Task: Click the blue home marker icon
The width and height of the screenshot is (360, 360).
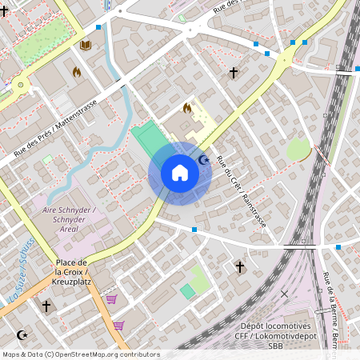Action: click(180, 173)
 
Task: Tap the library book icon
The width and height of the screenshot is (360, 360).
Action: click(85, 46)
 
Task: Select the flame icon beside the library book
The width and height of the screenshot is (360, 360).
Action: click(77, 72)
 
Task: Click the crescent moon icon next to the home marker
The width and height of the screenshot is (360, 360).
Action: click(203, 161)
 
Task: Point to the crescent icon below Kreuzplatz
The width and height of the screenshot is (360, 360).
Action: click(22, 334)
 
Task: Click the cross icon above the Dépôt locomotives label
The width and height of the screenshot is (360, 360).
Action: click(238, 266)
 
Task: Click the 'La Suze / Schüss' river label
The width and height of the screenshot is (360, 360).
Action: click(22, 264)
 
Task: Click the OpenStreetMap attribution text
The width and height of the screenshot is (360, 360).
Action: click(80, 354)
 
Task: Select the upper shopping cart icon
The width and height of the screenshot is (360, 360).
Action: click(111, 299)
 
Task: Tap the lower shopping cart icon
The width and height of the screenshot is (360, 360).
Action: click(118, 326)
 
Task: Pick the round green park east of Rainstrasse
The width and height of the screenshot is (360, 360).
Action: click(298, 149)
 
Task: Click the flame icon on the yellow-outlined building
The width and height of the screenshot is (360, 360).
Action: click(187, 108)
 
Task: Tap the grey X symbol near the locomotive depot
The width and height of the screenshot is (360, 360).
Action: click(284, 294)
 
